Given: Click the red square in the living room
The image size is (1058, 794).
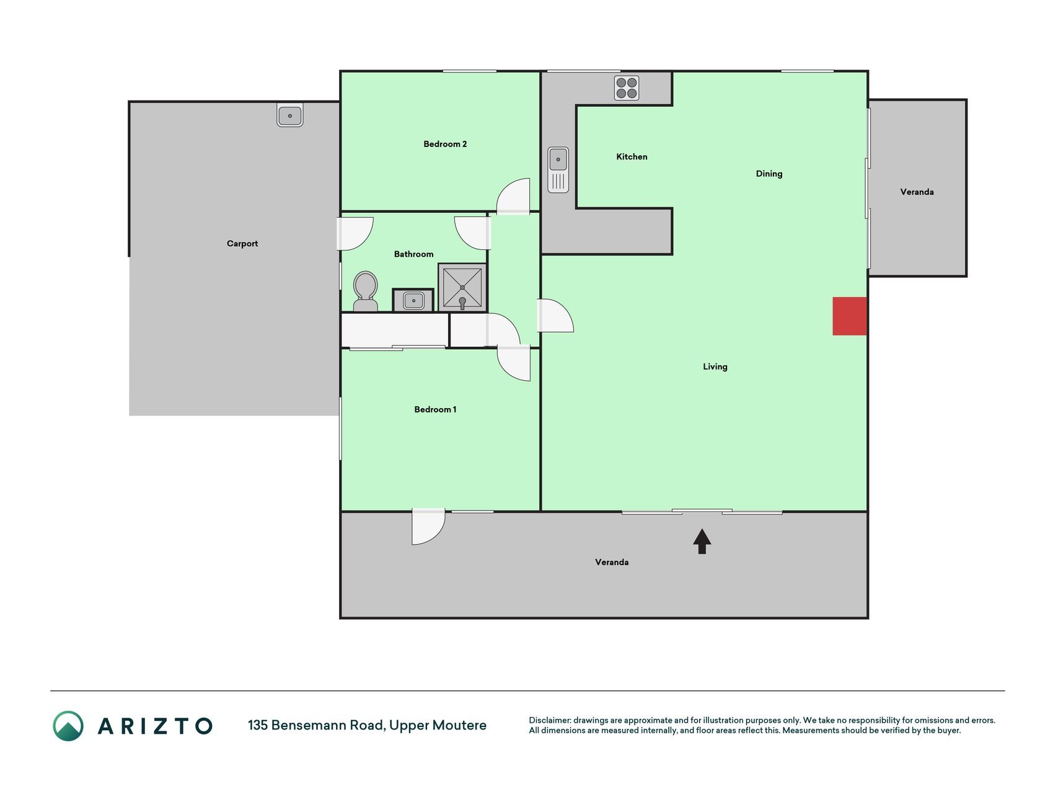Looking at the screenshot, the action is (849, 316).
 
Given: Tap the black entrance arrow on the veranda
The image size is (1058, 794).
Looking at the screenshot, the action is (702, 541).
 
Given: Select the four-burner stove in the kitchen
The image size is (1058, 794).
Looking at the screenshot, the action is (627, 88).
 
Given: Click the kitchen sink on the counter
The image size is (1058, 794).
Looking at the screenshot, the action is (558, 169).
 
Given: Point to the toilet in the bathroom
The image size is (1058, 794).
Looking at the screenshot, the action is (365, 291).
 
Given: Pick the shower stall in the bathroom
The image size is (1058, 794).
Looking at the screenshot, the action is (462, 287).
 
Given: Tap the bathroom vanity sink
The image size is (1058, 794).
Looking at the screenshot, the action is (413, 301).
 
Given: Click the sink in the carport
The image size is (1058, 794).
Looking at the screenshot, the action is (289, 115).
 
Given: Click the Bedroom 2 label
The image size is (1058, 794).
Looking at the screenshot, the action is (445, 144).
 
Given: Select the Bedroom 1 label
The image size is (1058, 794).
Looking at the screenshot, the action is (435, 409).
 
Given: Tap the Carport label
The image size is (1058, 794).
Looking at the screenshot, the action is (242, 244).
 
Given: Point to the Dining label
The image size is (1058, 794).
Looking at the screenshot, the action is (769, 174).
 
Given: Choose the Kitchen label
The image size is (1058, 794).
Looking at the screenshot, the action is (632, 157).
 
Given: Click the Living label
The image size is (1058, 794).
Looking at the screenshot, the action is (715, 367).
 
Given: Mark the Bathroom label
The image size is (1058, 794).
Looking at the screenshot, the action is (413, 254).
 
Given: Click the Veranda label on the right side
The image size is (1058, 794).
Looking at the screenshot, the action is (917, 192).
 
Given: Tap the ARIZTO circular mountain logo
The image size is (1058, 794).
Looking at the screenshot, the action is (68, 726).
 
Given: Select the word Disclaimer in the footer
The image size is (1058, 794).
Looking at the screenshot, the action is (550, 720).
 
